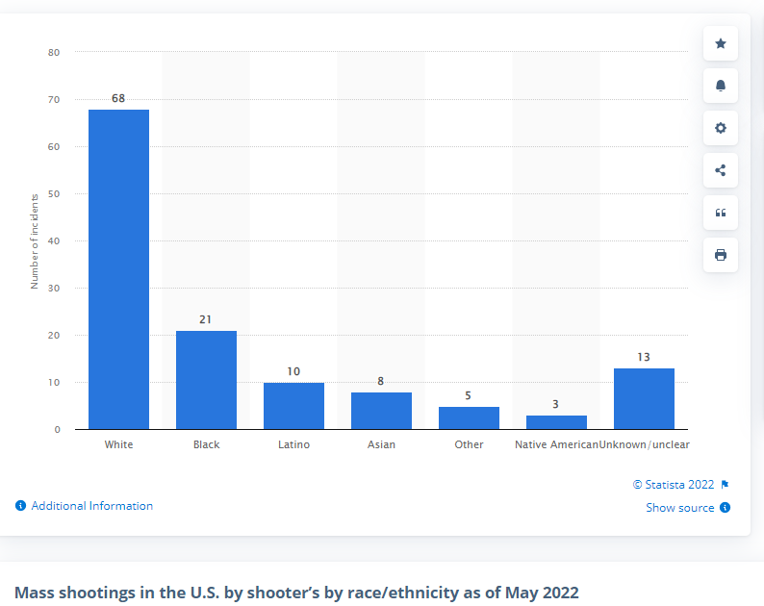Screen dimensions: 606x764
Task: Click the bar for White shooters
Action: (x=118, y=269)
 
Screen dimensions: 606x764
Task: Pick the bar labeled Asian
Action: (x=381, y=411)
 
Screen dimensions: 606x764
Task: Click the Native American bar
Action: (x=556, y=422)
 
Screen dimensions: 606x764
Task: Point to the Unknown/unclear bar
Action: (x=644, y=398)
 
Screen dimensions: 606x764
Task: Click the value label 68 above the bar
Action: (x=118, y=98)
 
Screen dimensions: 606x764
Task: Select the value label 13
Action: (x=644, y=357)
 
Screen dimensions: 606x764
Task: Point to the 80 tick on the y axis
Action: (x=54, y=52)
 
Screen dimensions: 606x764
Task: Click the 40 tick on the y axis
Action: (x=54, y=240)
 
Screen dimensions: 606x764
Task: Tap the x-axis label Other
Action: (x=469, y=445)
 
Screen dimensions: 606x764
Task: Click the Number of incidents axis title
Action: (x=35, y=240)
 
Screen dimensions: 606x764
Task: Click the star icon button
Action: (x=721, y=43)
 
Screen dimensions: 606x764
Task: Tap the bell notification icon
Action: (x=721, y=86)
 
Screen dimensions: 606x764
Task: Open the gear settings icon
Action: (x=721, y=128)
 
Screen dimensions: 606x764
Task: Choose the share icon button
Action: (x=721, y=170)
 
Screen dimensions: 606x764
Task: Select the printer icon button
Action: (x=721, y=255)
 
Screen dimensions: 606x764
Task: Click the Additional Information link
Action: (x=91, y=506)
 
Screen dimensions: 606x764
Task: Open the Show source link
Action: (x=680, y=508)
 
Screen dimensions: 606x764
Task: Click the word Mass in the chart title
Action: (x=35, y=592)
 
